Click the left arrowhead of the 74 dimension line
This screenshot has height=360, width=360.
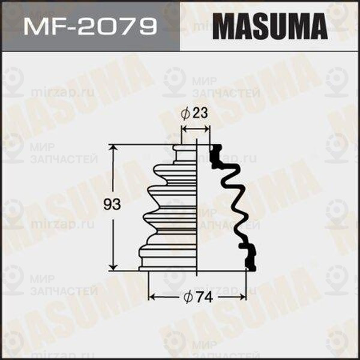pos(151,296)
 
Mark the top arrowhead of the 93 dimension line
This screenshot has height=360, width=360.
pos(114,148)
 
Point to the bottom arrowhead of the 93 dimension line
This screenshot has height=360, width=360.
pos(114,268)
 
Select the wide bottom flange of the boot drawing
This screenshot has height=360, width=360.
pos(168,261)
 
